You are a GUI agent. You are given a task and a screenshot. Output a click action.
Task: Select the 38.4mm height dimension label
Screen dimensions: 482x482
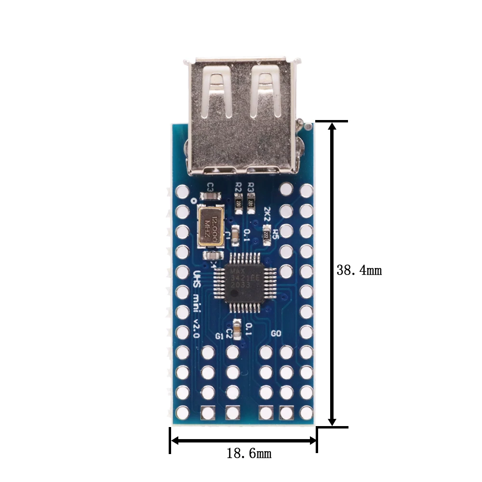coord(359,270)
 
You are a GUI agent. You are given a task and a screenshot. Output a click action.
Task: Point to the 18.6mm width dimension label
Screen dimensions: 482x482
coord(249,453)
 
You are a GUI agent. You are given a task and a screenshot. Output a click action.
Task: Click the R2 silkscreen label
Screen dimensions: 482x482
coord(238,187)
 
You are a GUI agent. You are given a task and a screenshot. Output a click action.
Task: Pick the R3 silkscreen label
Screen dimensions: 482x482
coord(251,187)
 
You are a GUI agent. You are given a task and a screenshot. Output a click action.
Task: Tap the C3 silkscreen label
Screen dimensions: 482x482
coord(211,187)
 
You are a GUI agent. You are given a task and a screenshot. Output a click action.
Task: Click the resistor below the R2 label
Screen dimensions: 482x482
coord(239,205)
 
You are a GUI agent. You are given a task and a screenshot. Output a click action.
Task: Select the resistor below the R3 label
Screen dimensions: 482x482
coord(251,205)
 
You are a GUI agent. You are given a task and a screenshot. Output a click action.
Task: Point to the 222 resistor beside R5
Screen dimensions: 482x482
coord(266,235)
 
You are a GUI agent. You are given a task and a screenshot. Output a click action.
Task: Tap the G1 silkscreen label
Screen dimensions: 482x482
coord(219,336)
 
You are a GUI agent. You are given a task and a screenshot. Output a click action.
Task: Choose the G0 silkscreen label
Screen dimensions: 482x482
coord(276,334)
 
